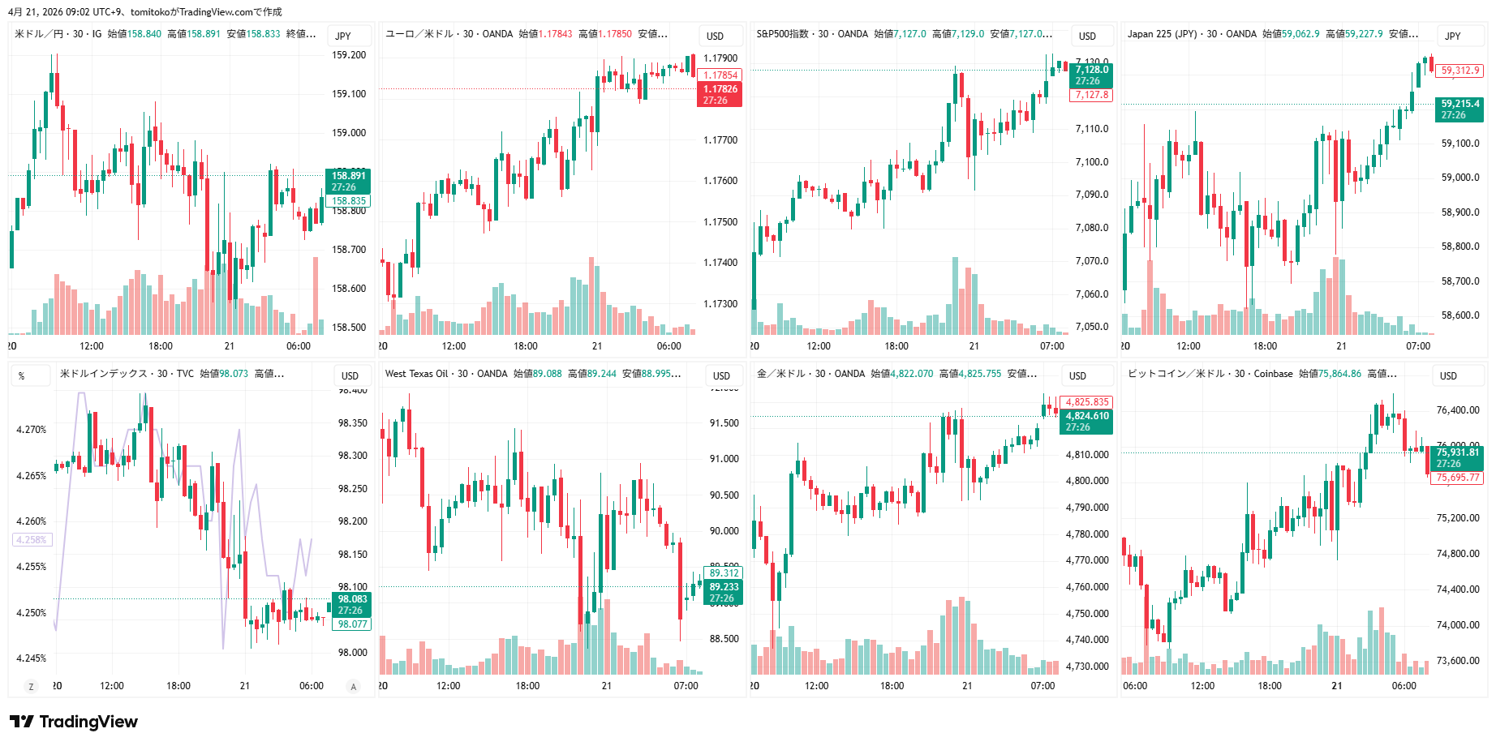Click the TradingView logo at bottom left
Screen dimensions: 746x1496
74,722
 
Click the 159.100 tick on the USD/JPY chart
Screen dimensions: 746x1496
349,94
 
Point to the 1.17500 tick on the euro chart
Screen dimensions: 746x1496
720,222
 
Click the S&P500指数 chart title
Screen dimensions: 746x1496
783,34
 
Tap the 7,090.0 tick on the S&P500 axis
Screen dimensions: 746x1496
1092,195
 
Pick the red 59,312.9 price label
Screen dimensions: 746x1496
1460,71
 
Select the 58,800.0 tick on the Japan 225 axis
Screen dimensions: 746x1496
1460,247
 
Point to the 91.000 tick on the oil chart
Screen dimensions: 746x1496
724,459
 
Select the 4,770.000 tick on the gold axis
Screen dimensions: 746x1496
1087,560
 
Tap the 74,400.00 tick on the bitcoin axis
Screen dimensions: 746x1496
1458,590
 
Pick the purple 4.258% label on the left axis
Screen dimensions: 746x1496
32,540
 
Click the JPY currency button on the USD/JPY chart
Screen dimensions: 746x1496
343,36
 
